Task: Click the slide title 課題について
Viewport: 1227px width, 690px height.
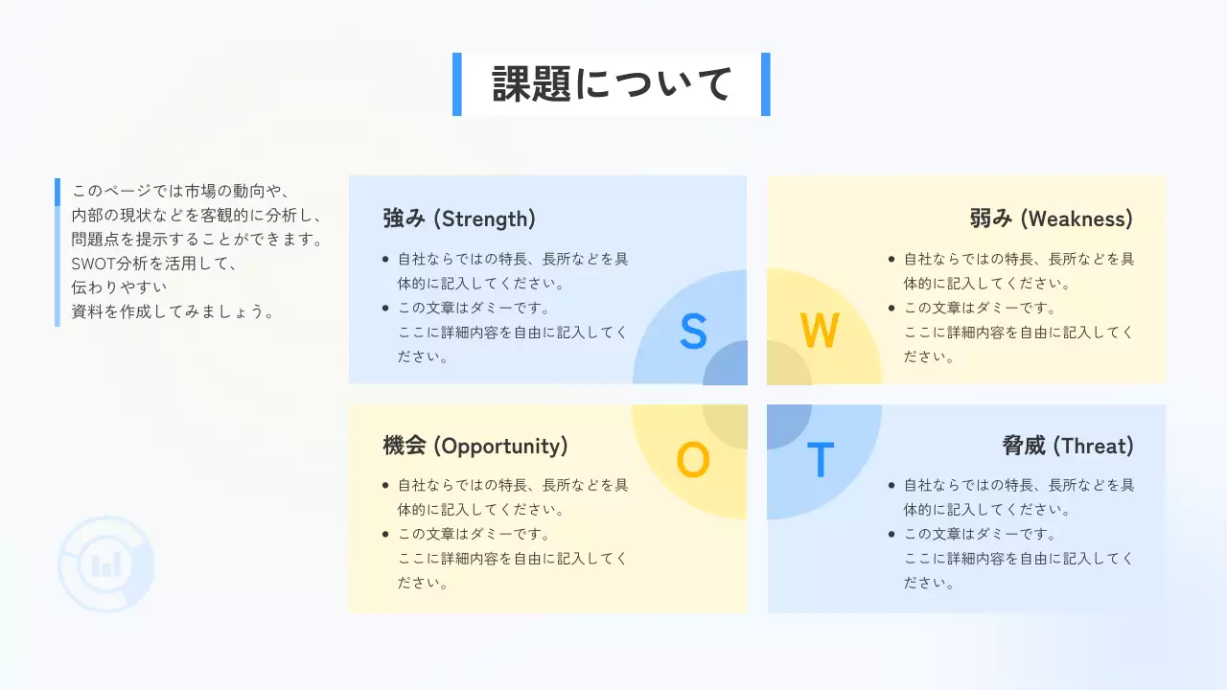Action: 612,84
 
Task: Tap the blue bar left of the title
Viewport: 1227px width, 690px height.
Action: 457,84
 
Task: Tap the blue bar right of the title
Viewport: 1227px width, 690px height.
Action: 765,84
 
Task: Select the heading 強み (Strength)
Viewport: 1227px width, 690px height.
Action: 459,218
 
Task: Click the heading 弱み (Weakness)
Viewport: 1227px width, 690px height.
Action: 1052,218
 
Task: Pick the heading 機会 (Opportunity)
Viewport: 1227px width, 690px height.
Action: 475,446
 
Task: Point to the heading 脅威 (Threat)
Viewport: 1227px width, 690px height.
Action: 1068,446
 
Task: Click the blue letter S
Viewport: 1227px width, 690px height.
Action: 693,332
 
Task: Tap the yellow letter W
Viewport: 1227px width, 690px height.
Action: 820,332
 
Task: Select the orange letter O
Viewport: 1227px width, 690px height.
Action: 693,461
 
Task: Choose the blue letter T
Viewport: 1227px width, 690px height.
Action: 820,461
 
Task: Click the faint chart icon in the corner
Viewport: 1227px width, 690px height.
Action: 105,564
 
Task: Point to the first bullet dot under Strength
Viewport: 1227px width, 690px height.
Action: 385,259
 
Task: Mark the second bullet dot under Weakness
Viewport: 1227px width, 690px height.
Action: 891,309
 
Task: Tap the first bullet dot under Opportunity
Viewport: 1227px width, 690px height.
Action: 385,486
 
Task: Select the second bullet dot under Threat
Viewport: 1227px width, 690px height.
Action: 891,535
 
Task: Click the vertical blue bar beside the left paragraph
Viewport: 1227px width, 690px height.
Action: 58,252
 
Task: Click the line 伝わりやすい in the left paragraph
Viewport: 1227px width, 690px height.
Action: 120,287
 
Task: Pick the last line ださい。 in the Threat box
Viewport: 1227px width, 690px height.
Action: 929,583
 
